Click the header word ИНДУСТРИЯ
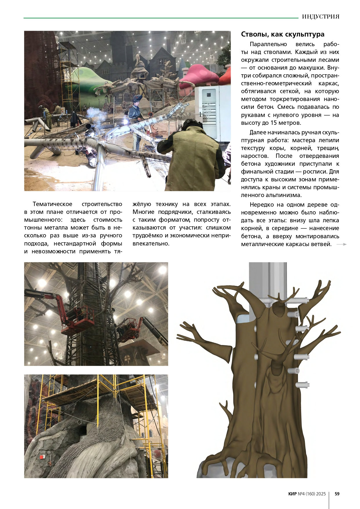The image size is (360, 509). point(321,17)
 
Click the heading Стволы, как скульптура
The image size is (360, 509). point(283,34)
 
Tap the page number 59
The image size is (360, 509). point(337,494)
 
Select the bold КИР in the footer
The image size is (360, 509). point(292,494)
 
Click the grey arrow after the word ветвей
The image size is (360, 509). point(341,244)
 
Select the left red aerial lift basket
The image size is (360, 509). point(78,321)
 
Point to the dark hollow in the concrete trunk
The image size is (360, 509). point(83,429)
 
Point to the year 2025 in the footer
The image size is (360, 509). point(321,494)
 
